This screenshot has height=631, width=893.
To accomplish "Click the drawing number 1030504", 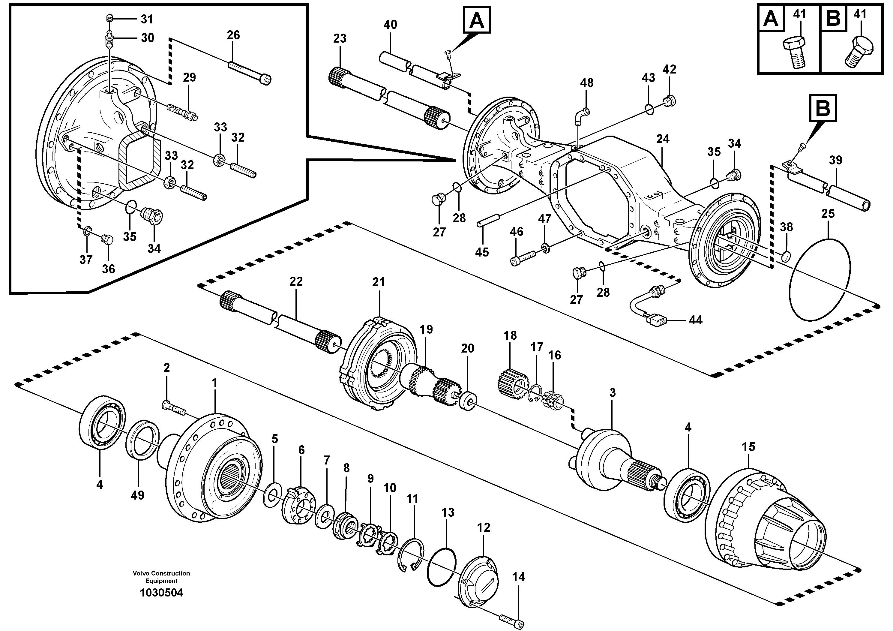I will click(x=161, y=593).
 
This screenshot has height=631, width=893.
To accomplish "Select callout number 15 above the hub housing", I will click(x=748, y=446).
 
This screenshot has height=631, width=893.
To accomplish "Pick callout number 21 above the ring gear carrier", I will click(x=378, y=282).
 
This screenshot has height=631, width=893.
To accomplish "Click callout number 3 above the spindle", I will click(x=613, y=393).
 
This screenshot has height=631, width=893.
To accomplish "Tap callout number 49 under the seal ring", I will click(x=137, y=495).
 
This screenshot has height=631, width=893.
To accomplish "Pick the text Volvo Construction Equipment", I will click(x=161, y=577).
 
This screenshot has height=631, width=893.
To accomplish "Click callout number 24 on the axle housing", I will click(x=663, y=139).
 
